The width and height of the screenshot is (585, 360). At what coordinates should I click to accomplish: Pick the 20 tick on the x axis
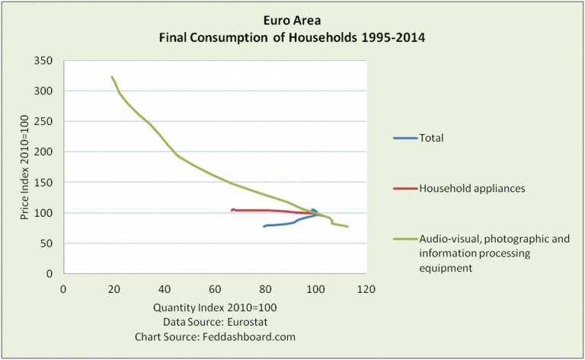[113, 289]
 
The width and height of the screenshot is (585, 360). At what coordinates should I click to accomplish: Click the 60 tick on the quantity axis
[215, 289]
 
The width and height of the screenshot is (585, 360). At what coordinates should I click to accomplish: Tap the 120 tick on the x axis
[366, 289]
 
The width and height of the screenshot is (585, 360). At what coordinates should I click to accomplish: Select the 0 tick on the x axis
[63, 289]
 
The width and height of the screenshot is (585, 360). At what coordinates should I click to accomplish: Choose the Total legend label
[431, 138]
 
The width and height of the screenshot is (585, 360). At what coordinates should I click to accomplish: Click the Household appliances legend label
[472, 186]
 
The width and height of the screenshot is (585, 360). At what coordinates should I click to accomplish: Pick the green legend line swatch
[404, 239]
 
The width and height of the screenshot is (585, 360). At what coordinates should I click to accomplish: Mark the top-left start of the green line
[112, 77]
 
